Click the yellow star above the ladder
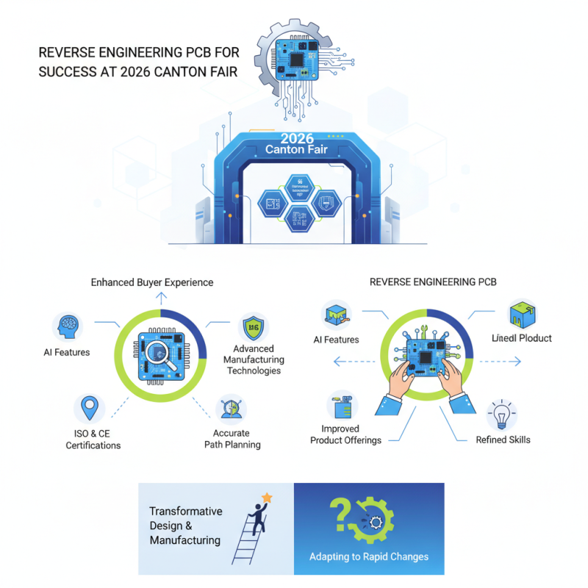pos(267,498)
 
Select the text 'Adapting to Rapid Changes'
pos(369,556)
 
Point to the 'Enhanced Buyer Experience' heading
pos(152,282)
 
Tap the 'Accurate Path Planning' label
pos(232,439)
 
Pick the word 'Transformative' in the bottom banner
pos(185,511)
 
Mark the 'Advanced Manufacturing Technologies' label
pos(253,359)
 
